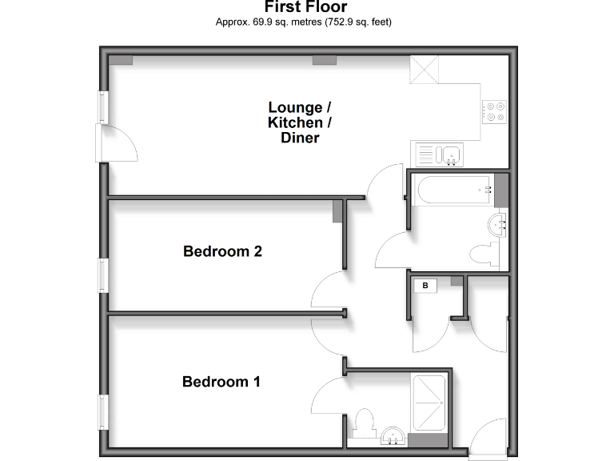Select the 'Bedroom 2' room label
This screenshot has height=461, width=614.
pos(222,251)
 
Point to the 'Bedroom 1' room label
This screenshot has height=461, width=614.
pos(221,382)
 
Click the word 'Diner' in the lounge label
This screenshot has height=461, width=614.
pos(300,138)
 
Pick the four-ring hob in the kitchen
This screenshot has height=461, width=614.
pos(495,111)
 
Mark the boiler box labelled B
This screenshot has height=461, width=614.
pos(425,285)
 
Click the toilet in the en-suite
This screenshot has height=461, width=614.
pos(364,422)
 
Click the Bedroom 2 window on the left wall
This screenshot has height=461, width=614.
pos(103,275)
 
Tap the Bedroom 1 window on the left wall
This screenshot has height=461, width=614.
pos(103,412)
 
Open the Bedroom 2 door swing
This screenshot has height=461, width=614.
pos(328,290)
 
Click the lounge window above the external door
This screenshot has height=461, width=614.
pos(103,107)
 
